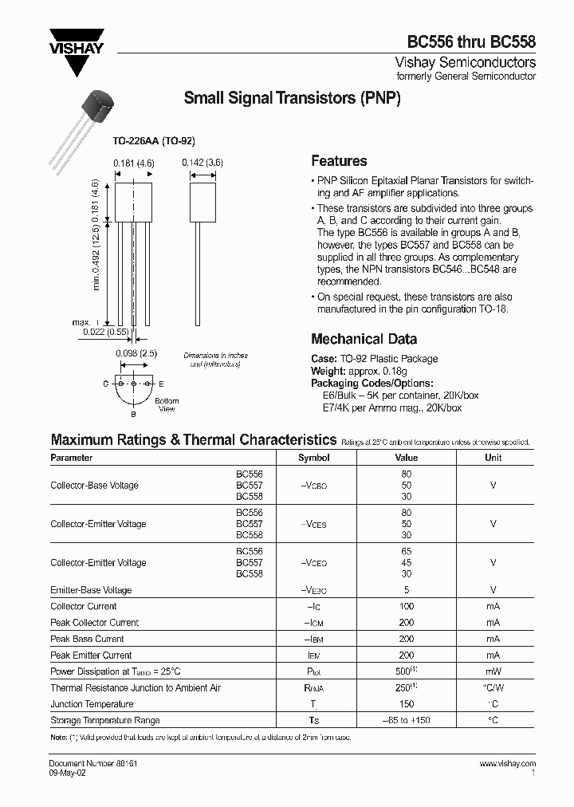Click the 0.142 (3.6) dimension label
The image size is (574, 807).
(x=202, y=162)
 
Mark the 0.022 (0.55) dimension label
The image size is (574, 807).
(x=104, y=331)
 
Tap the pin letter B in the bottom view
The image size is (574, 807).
(x=133, y=415)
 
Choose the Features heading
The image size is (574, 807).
(x=339, y=160)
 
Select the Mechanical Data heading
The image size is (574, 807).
(x=364, y=339)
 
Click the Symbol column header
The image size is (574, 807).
(x=313, y=458)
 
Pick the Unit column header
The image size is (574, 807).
(x=493, y=458)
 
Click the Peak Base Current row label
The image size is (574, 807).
(x=87, y=639)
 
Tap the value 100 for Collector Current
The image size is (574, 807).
(x=407, y=607)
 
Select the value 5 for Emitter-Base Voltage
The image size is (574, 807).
(x=407, y=590)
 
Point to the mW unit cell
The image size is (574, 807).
(x=493, y=671)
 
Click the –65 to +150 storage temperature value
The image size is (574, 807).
(x=407, y=720)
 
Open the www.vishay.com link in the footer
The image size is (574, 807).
(x=508, y=764)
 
